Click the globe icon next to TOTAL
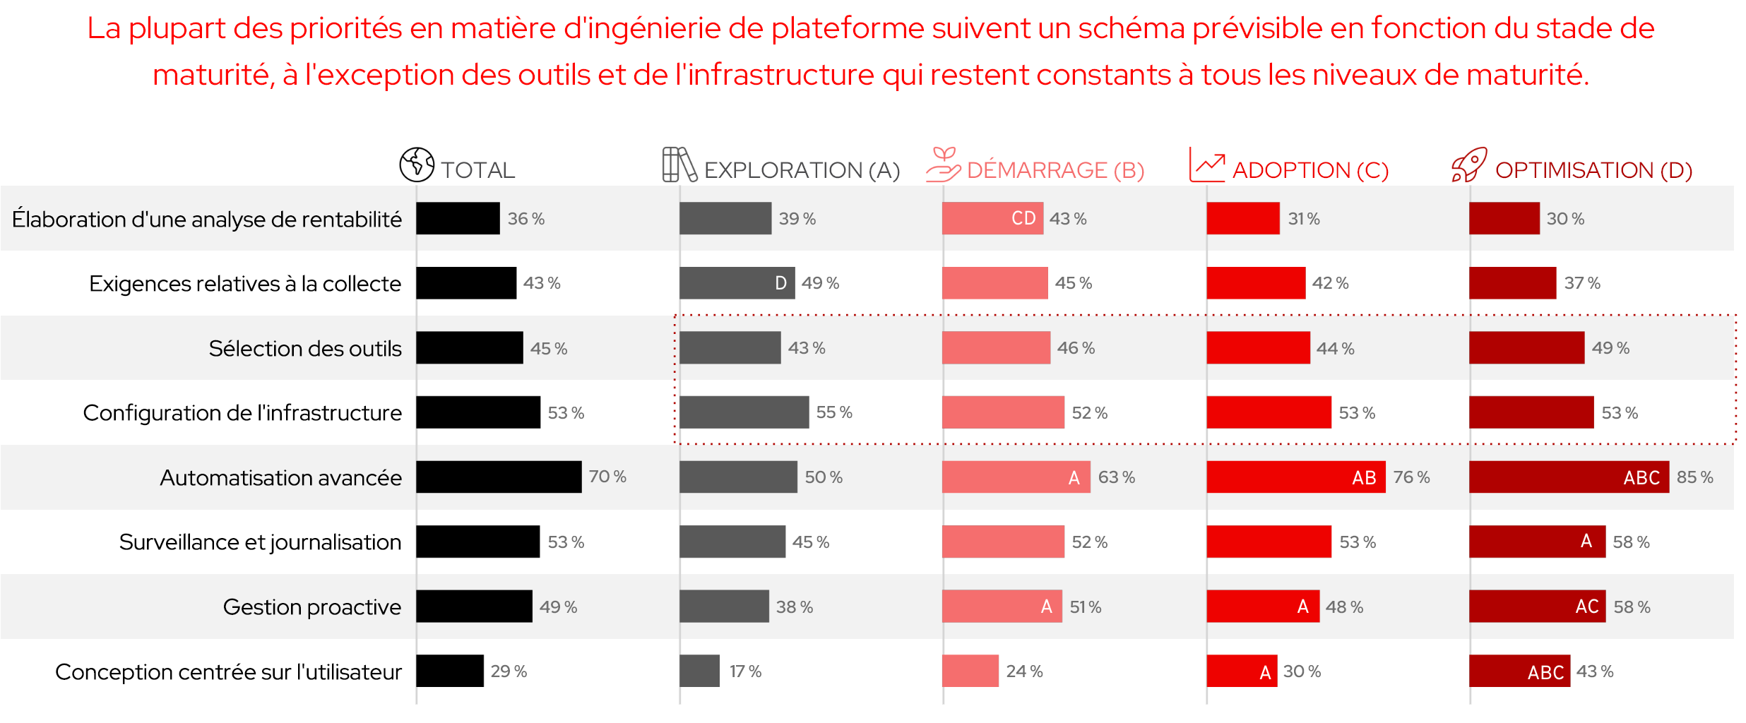(x=417, y=165)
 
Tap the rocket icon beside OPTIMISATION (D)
(x=1469, y=165)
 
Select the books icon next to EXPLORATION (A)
(x=679, y=165)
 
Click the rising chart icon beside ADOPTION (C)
(x=1207, y=165)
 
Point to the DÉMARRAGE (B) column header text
(x=1055, y=170)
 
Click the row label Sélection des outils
(x=305, y=348)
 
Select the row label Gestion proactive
(x=311, y=607)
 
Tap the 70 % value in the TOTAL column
(x=607, y=477)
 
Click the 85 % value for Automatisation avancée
(x=1694, y=477)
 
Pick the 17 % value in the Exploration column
(x=745, y=671)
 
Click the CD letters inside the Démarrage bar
(x=1023, y=218)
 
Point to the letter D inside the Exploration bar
(x=780, y=283)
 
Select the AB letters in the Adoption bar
(x=1364, y=478)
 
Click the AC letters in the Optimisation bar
(x=1586, y=607)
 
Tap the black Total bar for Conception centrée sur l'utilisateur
(x=449, y=671)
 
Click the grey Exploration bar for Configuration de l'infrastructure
(x=744, y=412)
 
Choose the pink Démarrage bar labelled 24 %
(x=970, y=671)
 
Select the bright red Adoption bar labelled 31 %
(x=1242, y=218)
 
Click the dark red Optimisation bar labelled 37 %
(x=1512, y=283)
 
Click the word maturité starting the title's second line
(x=212, y=75)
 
